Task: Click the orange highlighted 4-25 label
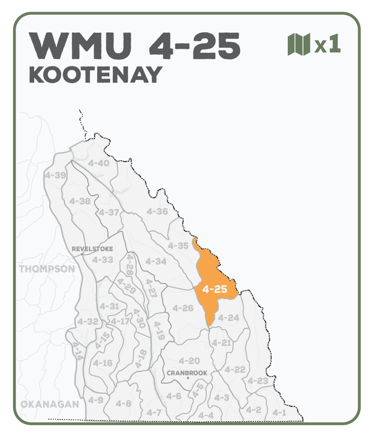pyautogui.click(x=215, y=290)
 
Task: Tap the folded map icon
pyautogui.click(x=299, y=44)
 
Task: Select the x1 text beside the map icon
pyautogui.click(x=327, y=44)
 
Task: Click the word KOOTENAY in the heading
pyautogui.click(x=95, y=75)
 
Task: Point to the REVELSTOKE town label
pyautogui.click(x=92, y=249)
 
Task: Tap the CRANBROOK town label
pyautogui.click(x=187, y=373)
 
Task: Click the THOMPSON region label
pyautogui.click(x=47, y=269)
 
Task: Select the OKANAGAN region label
pyautogui.click(x=49, y=404)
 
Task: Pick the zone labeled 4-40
pyautogui.click(x=99, y=163)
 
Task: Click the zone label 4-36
pyautogui.click(x=157, y=211)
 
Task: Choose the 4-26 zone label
pyautogui.click(x=183, y=308)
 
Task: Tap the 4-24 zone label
pyautogui.click(x=228, y=318)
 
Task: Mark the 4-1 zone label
pyautogui.click(x=279, y=413)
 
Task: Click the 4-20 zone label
pyautogui.click(x=189, y=361)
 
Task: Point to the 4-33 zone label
pyautogui.click(x=102, y=260)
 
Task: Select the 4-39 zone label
pyautogui.click(x=55, y=175)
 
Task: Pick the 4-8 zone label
pyautogui.click(x=123, y=403)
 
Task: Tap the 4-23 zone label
pyautogui.click(x=258, y=381)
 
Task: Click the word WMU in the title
pyautogui.click(x=80, y=47)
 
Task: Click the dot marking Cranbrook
pyautogui.click(x=188, y=378)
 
